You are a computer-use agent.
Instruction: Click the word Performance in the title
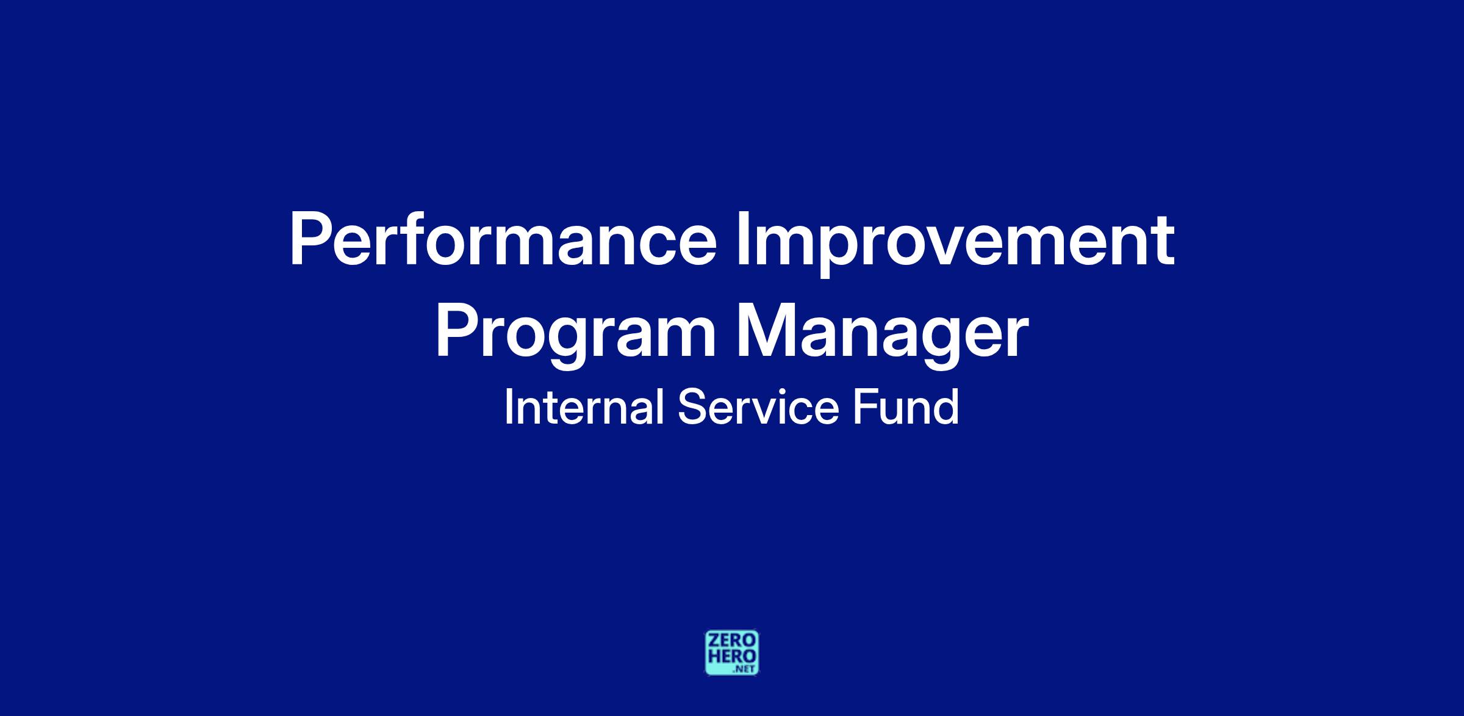point(503,240)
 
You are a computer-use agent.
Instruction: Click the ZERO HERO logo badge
point(732,653)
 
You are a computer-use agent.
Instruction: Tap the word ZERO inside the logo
point(732,642)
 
